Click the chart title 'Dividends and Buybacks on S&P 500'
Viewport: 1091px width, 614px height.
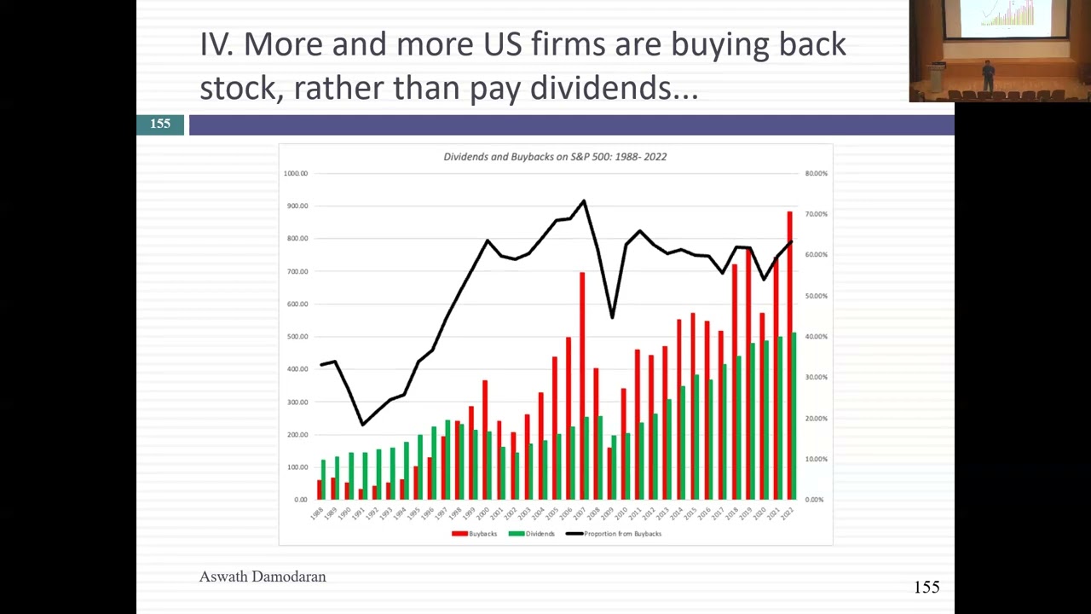pos(555,157)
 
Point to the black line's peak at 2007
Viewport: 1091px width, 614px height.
pos(584,201)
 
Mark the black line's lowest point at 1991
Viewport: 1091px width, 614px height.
pos(363,424)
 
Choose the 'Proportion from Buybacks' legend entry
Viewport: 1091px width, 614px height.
pos(615,534)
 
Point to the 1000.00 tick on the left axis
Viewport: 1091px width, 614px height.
pos(296,173)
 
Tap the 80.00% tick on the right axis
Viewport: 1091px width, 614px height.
pos(816,173)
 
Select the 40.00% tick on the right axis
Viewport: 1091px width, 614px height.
pos(816,337)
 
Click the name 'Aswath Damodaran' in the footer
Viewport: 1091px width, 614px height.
pos(263,577)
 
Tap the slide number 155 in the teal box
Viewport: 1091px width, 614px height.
pos(160,125)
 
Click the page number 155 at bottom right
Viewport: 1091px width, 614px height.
pos(926,588)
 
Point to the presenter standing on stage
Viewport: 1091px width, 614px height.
pos(988,75)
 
